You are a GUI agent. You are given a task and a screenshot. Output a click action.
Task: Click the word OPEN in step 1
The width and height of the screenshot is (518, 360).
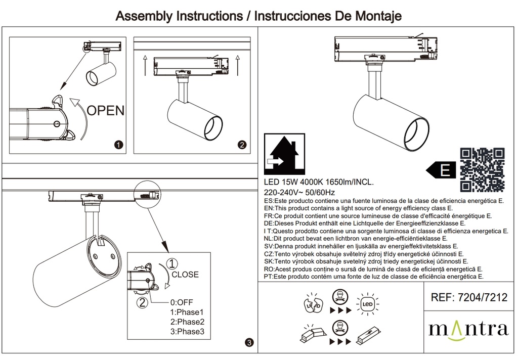pyautogui.click(x=105, y=110)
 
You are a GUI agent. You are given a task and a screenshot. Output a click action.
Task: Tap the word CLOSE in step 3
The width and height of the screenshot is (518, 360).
pyautogui.click(x=185, y=275)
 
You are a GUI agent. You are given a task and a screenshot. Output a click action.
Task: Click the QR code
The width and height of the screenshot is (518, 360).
pyautogui.click(x=482, y=170)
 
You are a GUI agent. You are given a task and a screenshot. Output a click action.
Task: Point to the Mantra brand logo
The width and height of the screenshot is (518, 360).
pyautogui.click(x=468, y=329)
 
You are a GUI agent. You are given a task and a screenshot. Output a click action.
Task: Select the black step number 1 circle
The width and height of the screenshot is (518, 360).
pyautogui.click(x=118, y=145)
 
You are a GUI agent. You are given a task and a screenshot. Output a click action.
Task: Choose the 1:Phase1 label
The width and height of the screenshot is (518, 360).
pyautogui.click(x=187, y=312)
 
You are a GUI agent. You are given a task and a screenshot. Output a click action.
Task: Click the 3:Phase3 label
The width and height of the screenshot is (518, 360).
pyautogui.click(x=187, y=332)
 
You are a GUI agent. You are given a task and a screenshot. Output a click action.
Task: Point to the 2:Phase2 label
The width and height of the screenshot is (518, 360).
pyautogui.click(x=187, y=322)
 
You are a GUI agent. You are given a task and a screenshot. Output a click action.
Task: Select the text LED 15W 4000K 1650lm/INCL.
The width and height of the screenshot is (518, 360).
pyautogui.click(x=319, y=183)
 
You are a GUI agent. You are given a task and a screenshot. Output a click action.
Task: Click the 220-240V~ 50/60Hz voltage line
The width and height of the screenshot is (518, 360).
pyautogui.click(x=299, y=192)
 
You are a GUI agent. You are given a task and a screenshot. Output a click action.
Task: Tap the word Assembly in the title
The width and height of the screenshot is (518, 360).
pyautogui.click(x=144, y=16)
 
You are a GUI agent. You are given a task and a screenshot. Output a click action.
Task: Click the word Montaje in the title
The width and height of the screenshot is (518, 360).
pyautogui.click(x=376, y=16)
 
